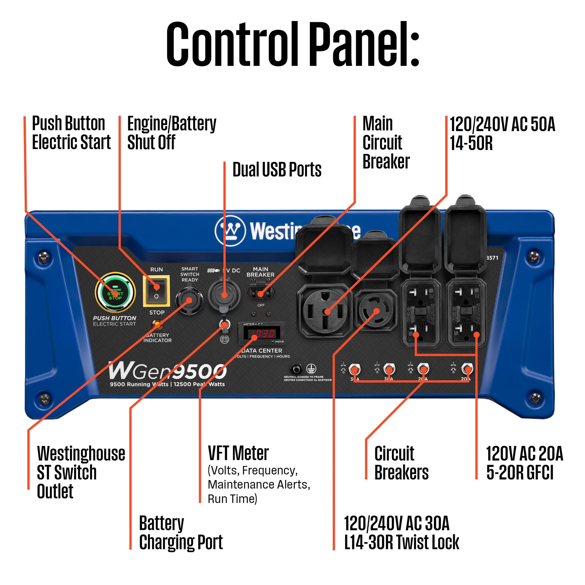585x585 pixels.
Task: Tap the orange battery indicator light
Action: point(157,325)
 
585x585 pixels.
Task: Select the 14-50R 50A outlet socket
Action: point(325,310)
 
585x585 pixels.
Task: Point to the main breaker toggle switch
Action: point(261,293)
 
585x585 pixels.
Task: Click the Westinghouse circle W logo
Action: point(230,230)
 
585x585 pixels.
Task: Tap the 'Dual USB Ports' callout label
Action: point(277,170)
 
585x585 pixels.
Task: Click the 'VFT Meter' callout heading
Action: point(238,453)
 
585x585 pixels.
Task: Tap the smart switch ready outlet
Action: point(189,300)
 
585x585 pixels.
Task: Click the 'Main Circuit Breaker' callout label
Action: point(386,143)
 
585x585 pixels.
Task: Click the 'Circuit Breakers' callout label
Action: point(401,463)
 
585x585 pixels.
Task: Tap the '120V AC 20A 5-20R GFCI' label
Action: point(524,463)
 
